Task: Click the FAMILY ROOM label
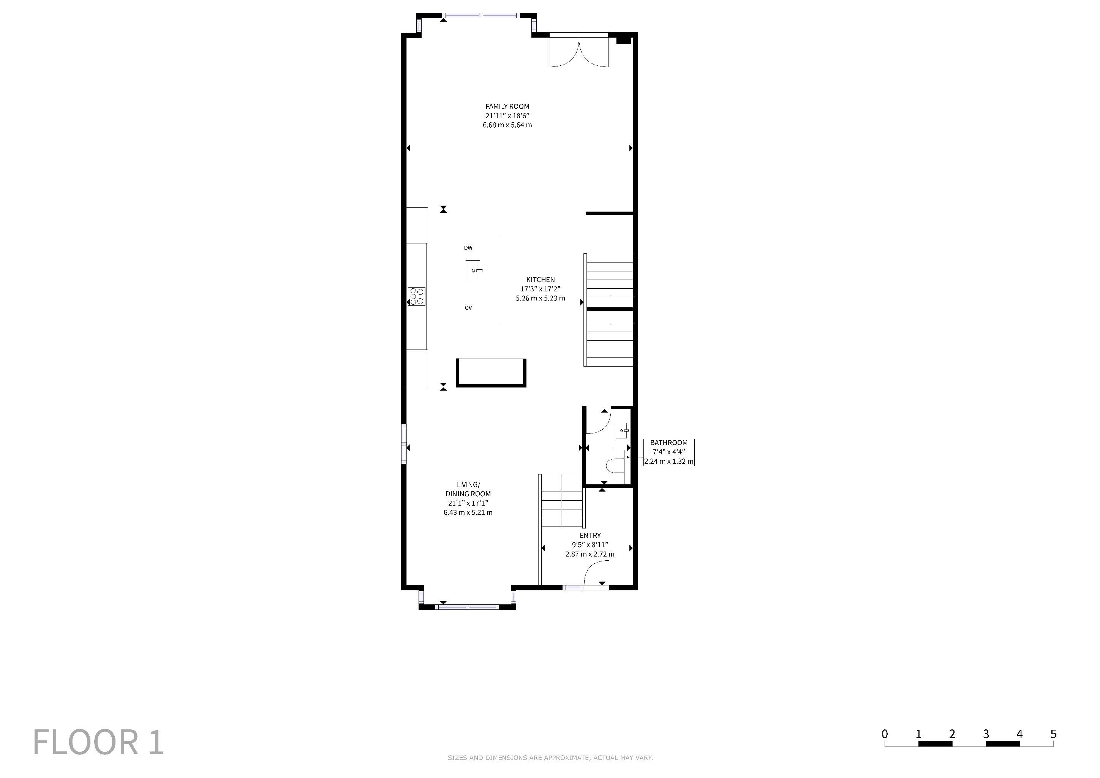507,106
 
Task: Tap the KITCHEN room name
541,279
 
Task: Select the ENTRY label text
590,536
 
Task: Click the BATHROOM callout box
669,452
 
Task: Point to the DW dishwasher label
468,248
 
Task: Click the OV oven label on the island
468,308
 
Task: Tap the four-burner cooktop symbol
416,296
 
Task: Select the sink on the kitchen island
473,271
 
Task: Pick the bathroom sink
622,431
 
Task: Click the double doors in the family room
579,50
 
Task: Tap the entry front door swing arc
596,572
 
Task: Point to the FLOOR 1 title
98,743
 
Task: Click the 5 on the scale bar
1053,734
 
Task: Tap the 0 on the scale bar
884,734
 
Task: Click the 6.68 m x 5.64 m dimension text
507,125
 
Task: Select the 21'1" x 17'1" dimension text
468,503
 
